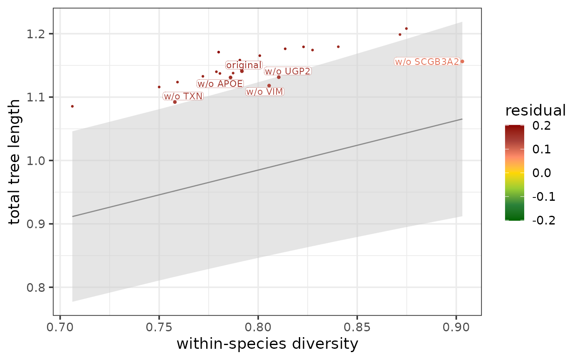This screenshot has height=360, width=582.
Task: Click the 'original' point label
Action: tap(244, 65)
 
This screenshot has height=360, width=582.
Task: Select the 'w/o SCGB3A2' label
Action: tap(427, 62)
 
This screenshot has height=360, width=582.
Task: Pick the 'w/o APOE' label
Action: tap(220, 84)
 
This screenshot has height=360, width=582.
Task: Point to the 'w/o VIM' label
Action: tap(264, 92)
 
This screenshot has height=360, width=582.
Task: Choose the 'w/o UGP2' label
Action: tap(288, 72)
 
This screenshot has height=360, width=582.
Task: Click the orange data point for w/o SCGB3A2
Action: tap(462, 62)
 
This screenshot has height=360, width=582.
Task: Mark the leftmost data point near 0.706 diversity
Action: tap(72, 106)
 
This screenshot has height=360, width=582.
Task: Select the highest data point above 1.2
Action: tap(406, 29)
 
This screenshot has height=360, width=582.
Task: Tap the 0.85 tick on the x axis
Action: tap(357, 327)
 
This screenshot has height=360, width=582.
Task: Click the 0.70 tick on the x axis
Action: tap(60, 327)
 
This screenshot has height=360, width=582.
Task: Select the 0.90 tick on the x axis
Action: tap(456, 327)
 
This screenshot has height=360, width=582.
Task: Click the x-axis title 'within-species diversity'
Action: tap(267, 345)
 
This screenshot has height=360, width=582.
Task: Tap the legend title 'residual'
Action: tap(535, 111)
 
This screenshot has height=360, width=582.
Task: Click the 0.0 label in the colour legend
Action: tap(542, 173)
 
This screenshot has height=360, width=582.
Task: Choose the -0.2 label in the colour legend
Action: tap(544, 220)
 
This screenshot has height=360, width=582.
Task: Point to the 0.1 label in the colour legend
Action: tap(542, 149)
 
